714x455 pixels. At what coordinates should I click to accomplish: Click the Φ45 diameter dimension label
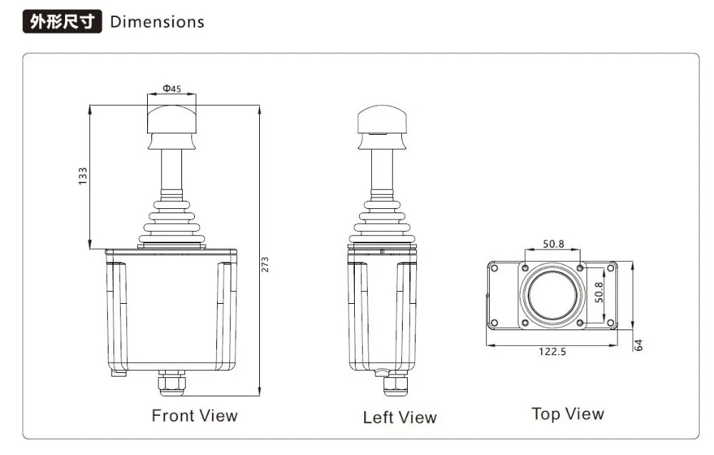[x=171, y=89]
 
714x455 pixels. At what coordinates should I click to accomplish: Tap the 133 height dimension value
[x=83, y=176]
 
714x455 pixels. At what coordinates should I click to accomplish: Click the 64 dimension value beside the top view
[x=639, y=344]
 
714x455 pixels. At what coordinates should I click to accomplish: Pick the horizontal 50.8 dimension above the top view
[x=553, y=244]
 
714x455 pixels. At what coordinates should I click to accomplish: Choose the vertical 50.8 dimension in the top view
[x=599, y=293]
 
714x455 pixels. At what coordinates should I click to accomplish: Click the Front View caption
[x=194, y=416]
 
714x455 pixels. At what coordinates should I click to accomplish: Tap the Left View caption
[x=399, y=418]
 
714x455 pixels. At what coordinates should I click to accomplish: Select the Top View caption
[x=568, y=414]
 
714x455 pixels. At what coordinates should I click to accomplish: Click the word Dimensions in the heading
[x=157, y=22]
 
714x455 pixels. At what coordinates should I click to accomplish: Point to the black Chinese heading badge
[x=63, y=22]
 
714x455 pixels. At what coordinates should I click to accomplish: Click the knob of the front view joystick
[x=171, y=118]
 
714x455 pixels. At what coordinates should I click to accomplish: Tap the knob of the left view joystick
[x=382, y=121]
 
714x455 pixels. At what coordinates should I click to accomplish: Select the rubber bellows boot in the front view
[x=171, y=223]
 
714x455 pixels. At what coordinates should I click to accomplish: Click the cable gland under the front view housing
[x=171, y=383]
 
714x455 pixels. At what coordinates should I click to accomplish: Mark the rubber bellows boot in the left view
[x=382, y=222]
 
